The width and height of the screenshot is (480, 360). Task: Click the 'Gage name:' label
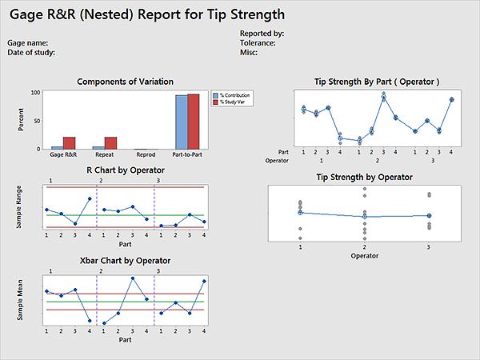click(28, 42)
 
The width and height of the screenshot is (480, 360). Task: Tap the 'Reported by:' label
click(262, 33)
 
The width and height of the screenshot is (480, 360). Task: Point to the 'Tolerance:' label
click(258, 42)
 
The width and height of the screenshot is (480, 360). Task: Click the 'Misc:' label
click(248, 52)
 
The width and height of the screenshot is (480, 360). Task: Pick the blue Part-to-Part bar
click(182, 122)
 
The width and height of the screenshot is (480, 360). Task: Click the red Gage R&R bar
click(70, 142)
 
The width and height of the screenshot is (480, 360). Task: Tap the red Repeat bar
click(110, 142)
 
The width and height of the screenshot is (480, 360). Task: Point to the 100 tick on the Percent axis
click(35, 93)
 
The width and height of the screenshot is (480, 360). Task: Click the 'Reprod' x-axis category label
click(146, 154)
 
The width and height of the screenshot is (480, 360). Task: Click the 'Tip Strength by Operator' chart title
click(364, 178)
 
